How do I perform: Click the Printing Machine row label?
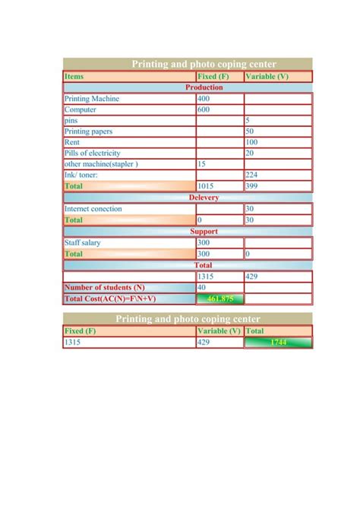click(x=91, y=99)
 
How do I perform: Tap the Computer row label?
click(x=80, y=109)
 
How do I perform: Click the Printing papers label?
click(x=89, y=131)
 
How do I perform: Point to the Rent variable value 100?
click(x=251, y=142)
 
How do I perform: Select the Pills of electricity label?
click(x=93, y=153)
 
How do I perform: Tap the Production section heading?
click(x=204, y=87)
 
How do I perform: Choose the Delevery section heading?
click(x=204, y=198)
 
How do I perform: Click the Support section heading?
click(x=204, y=232)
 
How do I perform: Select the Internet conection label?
click(x=93, y=209)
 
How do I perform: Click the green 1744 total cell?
click(x=278, y=343)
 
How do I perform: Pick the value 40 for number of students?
click(x=202, y=288)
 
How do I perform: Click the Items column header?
click(x=74, y=77)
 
